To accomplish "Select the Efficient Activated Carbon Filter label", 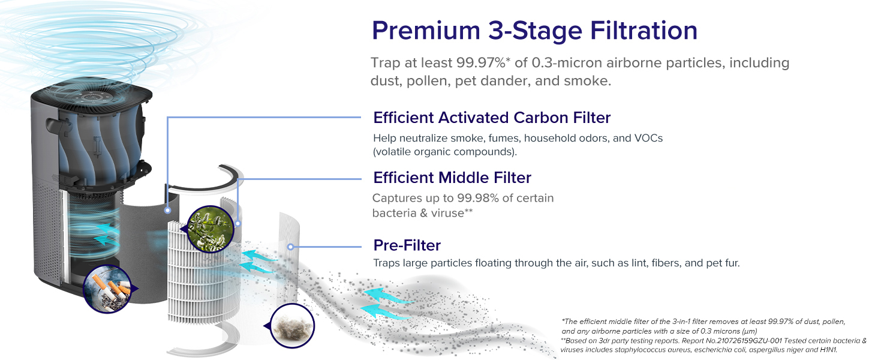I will coord(492,117).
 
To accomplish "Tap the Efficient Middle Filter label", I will coord(452,178).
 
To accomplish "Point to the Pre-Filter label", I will coord(407,245).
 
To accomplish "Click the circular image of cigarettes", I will coord(107,289).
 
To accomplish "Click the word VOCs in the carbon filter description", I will coord(648,138).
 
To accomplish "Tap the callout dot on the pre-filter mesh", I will coord(290,247).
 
